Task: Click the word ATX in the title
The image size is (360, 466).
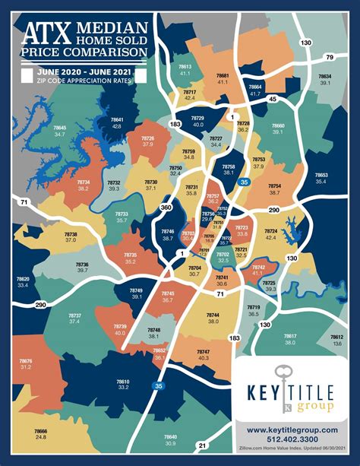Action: coord(46,33)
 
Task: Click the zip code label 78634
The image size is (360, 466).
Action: coord(324,77)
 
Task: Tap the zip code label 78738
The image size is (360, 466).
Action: coord(71,235)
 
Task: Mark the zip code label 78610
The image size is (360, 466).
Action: coord(123,382)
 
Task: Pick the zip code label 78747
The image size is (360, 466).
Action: coord(203,352)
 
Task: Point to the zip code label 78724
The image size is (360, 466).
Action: coord(271,230)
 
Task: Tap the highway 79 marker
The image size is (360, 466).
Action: coord(330,57)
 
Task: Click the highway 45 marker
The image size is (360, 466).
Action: coord(271,98)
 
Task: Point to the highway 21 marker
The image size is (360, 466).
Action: coord(202,445)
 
